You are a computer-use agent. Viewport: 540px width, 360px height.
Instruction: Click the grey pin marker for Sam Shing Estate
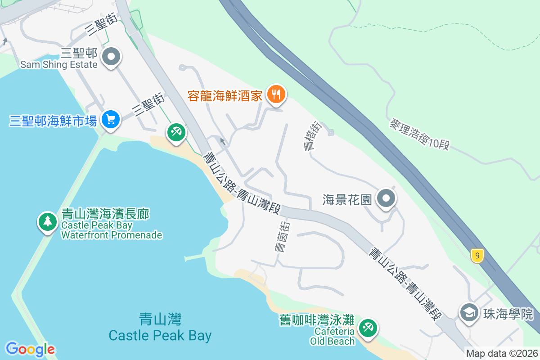pyautogui.click(x=112, y=57)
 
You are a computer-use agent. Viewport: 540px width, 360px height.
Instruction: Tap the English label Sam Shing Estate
pyautogui.click(x=59, y=65)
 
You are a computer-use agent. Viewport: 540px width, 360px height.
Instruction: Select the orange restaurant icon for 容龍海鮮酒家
pyautogui.click(x=274, y=94)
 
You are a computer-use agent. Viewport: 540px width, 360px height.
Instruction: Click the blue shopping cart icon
pyautogui.click(x=110, y=120)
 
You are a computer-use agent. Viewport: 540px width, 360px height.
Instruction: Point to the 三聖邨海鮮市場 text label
pyautogui.click(x=53, y=121)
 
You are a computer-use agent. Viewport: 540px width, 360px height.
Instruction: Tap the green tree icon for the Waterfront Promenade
pyautogui.click(x=47, y=221)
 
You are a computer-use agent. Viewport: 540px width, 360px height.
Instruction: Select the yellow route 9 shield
pyautogui.click(x=477, y=256)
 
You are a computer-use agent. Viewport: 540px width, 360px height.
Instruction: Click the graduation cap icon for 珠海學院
pyautogui.click(x=469, y=313)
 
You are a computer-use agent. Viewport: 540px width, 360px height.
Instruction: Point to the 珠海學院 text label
pyautogui.click(x=508, y=314)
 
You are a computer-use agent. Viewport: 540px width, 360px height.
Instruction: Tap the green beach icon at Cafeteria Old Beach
pyautogui.click(x=368, y=327)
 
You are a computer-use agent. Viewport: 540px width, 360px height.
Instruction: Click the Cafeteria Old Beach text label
pyautogui.click(x=333, y=336)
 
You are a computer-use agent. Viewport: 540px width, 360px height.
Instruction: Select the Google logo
pyautogui.click(x=31, y=349)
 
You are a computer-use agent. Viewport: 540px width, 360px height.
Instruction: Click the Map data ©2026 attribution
pyautogui.click(x=502, y=354)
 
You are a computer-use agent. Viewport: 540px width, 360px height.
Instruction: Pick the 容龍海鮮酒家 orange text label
pyautogui.click(x=225, y=95)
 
